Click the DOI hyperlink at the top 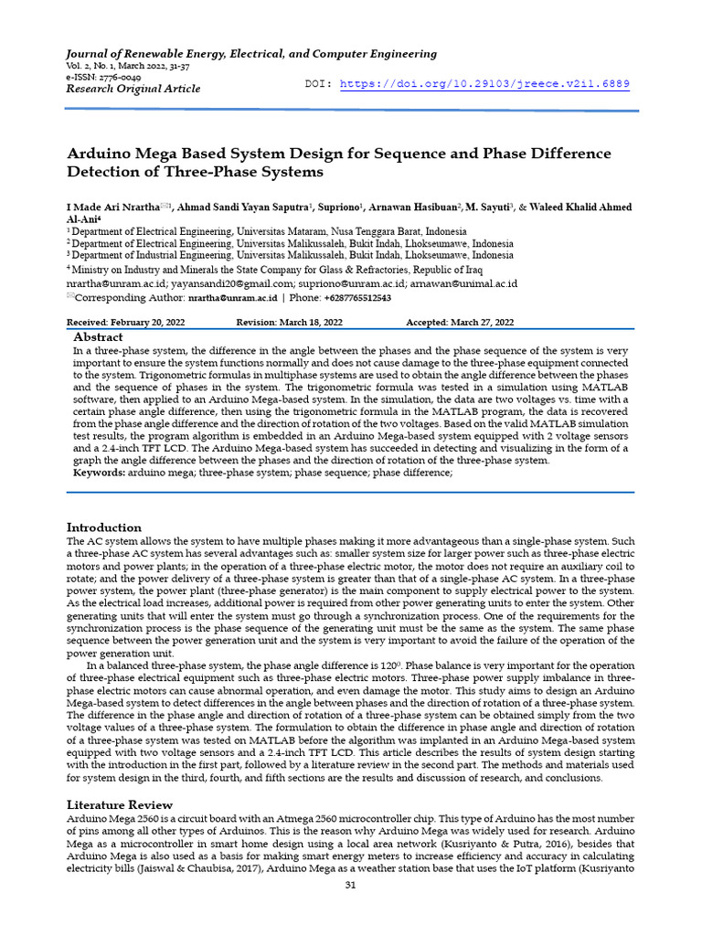point(484,84)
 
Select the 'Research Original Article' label point(133,89)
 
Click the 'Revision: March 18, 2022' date point(290,323)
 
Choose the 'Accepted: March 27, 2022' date point(460,323)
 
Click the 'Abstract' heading point(98,337)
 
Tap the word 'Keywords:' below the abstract point(99,473)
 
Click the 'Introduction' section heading point(104,527)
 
